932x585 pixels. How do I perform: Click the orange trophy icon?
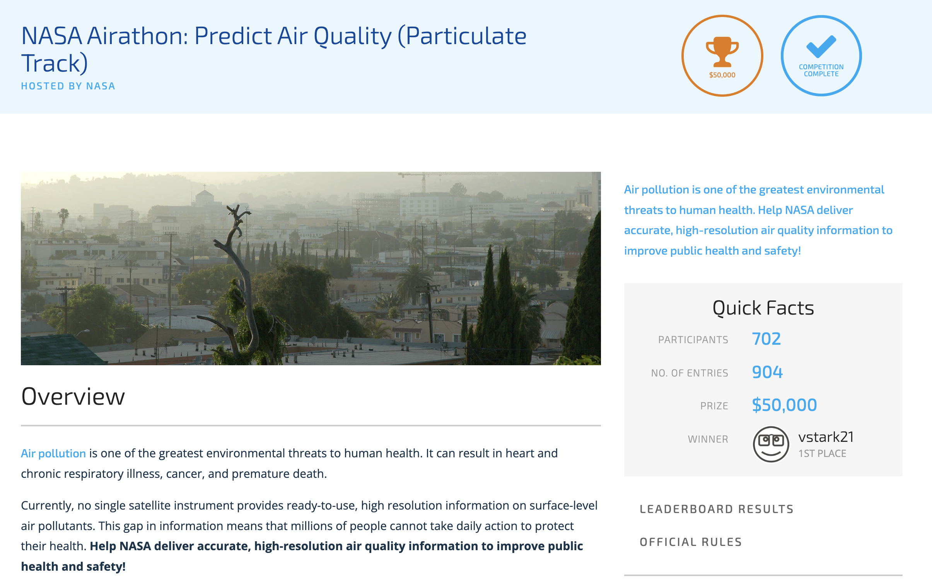722,52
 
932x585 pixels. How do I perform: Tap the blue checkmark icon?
821,46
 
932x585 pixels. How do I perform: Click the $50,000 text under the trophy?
722,75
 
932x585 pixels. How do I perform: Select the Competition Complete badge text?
821,70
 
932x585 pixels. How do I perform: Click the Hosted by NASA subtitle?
68,86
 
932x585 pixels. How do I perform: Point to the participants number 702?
766,339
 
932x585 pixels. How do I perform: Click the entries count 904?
767,372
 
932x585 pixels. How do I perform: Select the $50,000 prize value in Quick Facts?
784,405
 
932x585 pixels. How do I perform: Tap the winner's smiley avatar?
770,444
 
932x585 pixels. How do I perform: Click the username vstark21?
826,437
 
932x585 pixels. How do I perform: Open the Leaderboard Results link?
717,509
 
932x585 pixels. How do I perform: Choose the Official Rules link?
691,542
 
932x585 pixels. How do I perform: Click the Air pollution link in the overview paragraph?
53,453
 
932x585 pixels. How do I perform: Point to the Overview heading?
73,397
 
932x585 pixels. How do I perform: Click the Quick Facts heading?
763,308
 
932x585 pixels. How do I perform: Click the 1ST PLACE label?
822,453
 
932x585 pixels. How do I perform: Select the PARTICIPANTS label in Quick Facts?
693,340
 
